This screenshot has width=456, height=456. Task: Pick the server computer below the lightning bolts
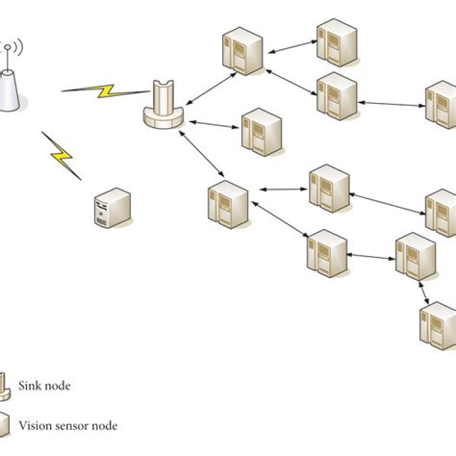tap(111, 209)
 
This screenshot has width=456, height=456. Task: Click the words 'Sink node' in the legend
tap(44, 386)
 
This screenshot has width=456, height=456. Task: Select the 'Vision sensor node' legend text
tap(68, 422)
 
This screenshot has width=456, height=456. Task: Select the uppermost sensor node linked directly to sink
tap(241, 52)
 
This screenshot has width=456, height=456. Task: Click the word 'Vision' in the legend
tap(38, 422)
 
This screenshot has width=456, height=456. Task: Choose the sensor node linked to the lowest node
tap(414, 256)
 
